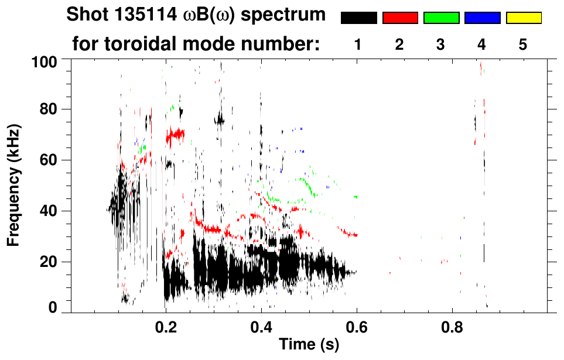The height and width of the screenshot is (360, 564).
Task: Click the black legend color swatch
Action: pyautogui.click(x=359, y=18)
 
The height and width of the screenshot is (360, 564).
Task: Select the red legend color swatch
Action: pyautogui.click(x=400, y=18)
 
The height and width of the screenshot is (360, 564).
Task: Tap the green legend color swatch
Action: pyautogui.click(x=441, y=18)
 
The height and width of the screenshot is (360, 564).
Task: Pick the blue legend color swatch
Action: pyautogui.click(x=482, y=18)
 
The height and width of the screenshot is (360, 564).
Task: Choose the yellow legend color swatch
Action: pyautogui.click(x=523, y=18)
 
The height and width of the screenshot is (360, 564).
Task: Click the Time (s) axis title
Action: pyautogui.click(x=309, y=345)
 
